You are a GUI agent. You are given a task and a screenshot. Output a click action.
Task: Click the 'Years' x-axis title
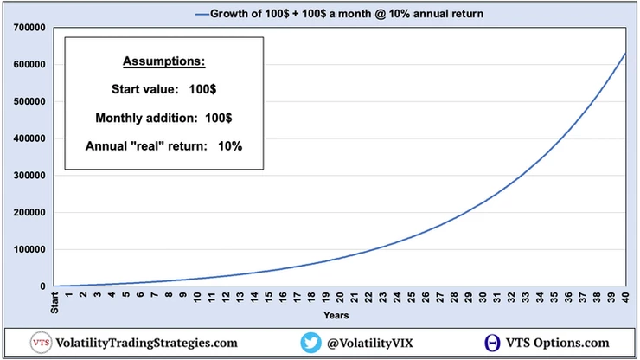[x=336, y=315]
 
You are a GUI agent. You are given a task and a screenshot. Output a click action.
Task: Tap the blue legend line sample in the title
[x=203, y=14]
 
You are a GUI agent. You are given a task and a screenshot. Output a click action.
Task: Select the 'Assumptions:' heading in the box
[x=163, y=63]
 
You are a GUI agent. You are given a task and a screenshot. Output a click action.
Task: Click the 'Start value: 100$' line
[x=163, y=89]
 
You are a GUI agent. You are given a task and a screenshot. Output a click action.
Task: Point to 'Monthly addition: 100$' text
[x=163, y=116]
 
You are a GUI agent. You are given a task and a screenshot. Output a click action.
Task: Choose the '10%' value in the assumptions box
[x=229, y=145]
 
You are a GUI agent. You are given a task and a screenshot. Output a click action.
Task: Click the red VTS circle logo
[x=41, y=343]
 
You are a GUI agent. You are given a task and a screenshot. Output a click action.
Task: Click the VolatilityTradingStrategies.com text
[x=145, y=343]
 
